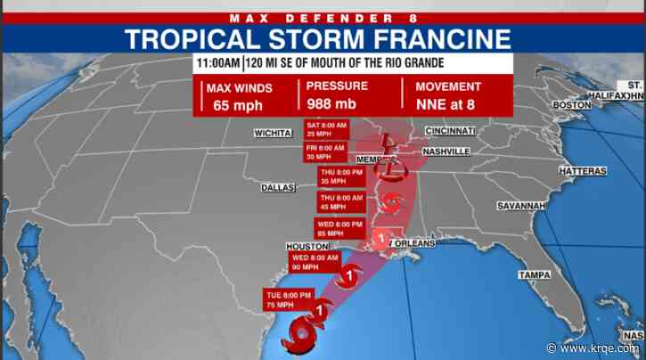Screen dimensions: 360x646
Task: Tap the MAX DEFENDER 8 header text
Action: point(323,14)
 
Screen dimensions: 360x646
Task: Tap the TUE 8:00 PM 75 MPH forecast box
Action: point(288,299)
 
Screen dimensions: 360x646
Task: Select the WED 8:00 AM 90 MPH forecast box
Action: point(314,262)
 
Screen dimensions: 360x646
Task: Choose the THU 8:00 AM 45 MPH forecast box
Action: point(341,201)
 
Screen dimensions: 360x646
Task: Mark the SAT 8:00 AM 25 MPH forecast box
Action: point(326,128)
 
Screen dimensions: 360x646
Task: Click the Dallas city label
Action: point(278,188)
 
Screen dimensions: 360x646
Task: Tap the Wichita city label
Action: point(272,133)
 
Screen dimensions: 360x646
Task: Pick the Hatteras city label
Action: point(584,170)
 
